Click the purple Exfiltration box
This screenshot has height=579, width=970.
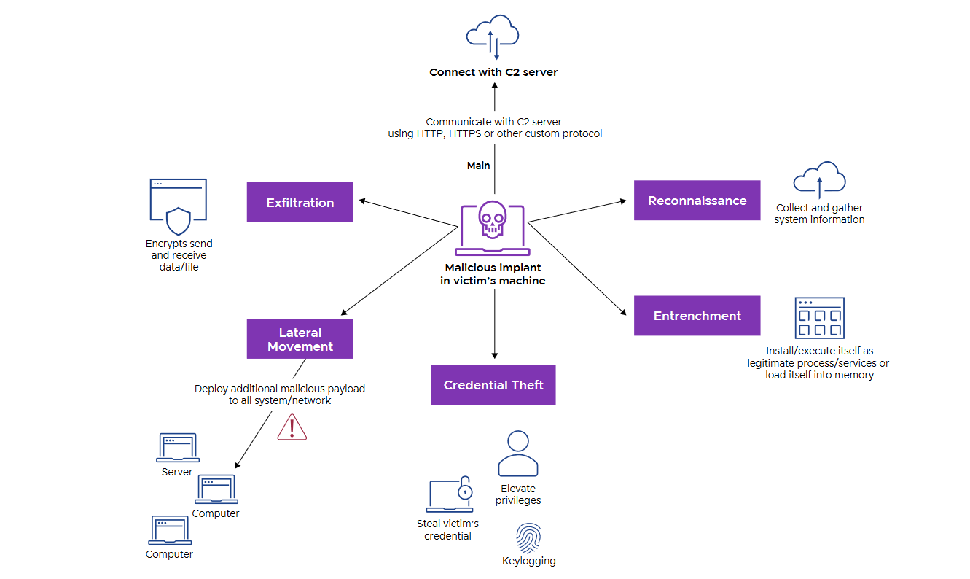300,203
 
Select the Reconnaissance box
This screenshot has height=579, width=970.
697,201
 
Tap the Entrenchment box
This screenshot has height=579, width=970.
697,316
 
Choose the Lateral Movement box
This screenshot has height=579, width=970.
300,339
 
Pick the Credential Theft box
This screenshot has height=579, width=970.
493,385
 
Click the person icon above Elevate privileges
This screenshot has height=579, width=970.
517,454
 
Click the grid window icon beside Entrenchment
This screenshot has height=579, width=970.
819,318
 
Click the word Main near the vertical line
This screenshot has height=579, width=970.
478,166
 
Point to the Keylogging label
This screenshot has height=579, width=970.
528,561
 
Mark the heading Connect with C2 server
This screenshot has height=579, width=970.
493,72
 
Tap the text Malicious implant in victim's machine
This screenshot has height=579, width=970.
493,274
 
